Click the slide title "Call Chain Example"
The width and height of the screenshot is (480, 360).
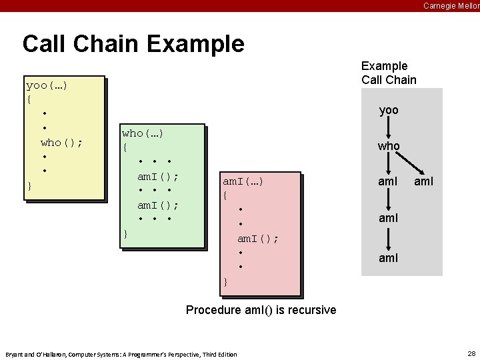pos(133,44)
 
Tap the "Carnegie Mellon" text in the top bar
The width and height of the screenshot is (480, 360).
pos(451,6)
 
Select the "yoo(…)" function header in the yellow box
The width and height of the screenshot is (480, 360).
pos(47,86)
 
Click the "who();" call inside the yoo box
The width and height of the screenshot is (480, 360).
pos(61,142)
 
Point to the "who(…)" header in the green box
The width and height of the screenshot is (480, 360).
pos(143,134)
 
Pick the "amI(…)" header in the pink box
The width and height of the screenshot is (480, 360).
pos(243,181)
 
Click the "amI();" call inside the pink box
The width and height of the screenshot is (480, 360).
pos(258,238)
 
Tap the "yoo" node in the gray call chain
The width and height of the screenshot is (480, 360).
pos(389,111)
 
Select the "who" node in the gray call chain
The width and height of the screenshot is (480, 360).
pos(389,146)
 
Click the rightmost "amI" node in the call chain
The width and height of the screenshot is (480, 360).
pos(424,181)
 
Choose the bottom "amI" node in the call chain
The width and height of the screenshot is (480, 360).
pos(389,257)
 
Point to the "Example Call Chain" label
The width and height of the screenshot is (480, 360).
pos(389,73)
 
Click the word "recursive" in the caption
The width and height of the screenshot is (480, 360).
pos(312,310)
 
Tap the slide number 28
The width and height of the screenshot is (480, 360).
pos(472,353)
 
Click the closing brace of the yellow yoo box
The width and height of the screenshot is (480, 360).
pos(29,185)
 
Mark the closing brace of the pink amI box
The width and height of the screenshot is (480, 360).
pos(225,282)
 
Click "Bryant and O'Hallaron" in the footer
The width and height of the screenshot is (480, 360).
pos(33,354)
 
